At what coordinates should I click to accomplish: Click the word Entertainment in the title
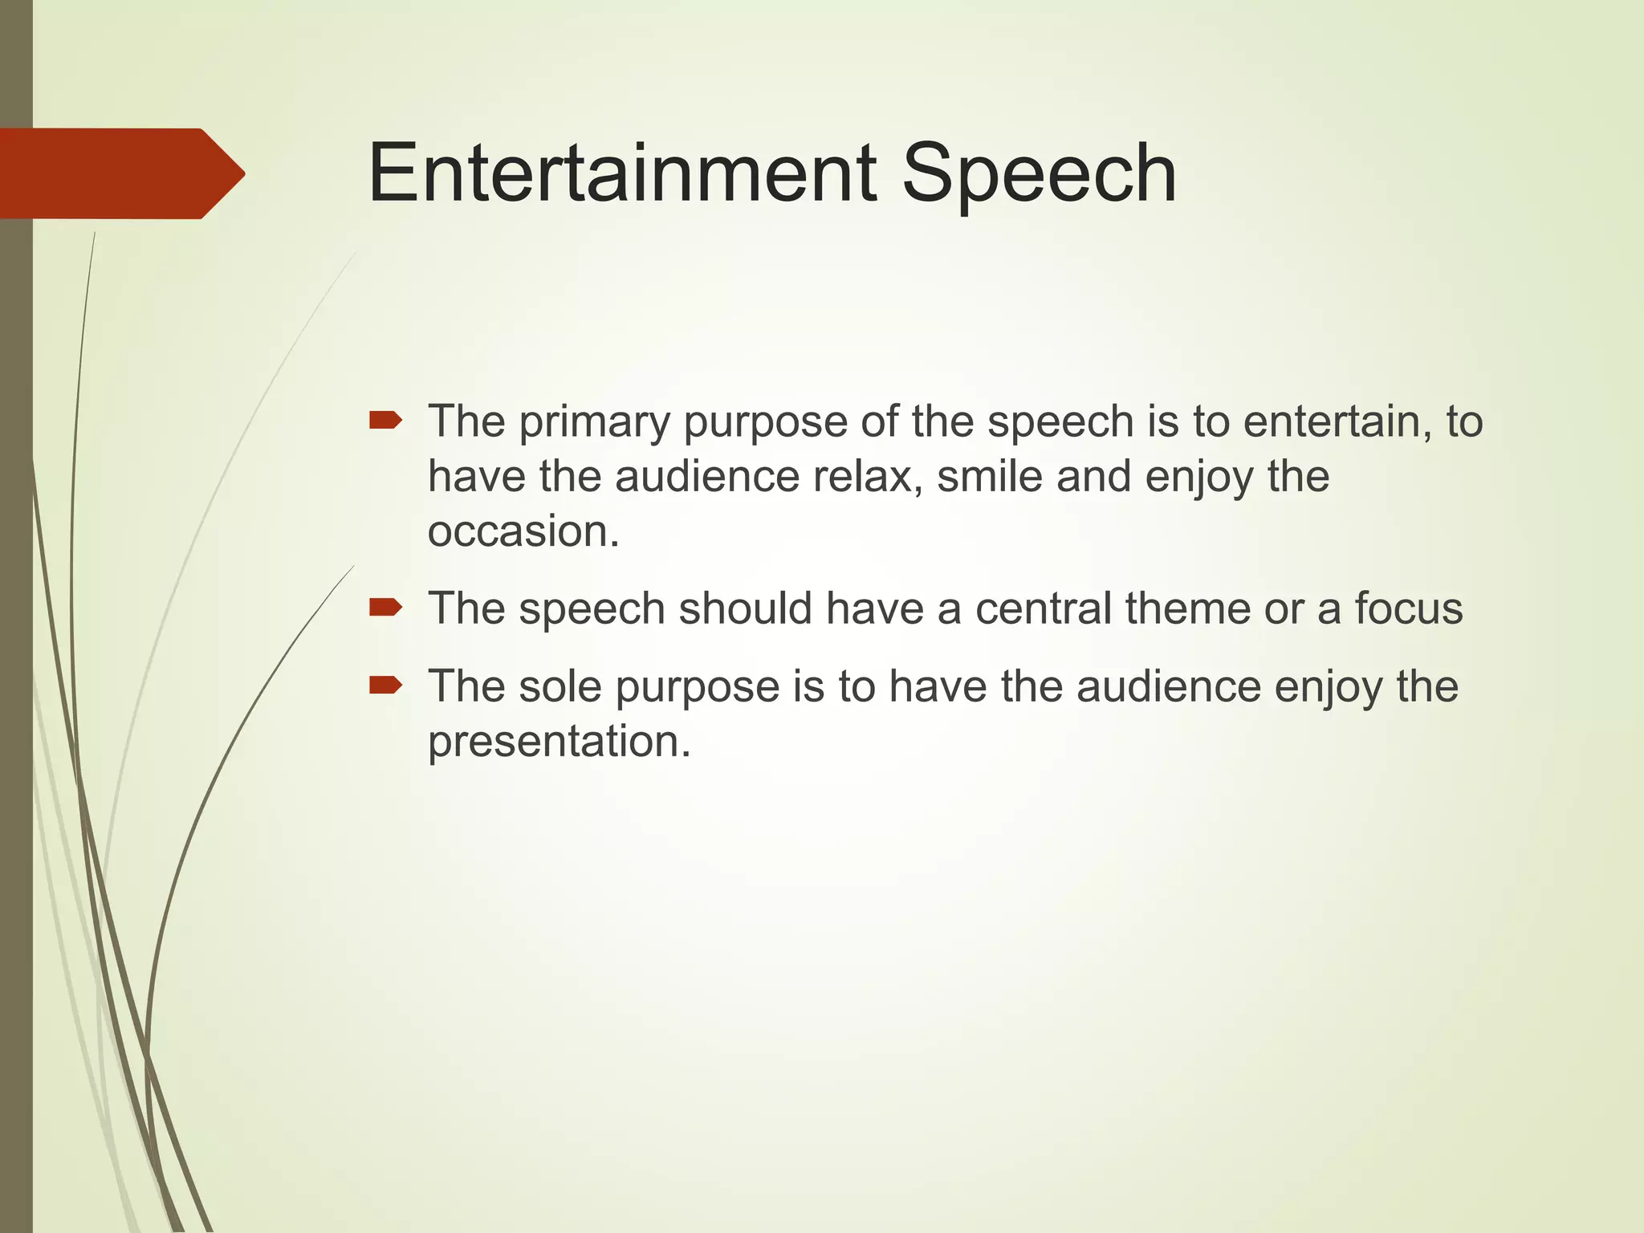tap(622, 173)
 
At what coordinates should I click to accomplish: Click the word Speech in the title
tap(1039, 173)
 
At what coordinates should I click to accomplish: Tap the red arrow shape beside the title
tap(120, 173)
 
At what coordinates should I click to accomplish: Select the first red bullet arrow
tap(385, 420)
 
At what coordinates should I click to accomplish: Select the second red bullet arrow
tap(385, 608)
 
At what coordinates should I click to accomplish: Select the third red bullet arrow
tap(385, 685)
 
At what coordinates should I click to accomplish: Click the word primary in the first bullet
tap(594, 422)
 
